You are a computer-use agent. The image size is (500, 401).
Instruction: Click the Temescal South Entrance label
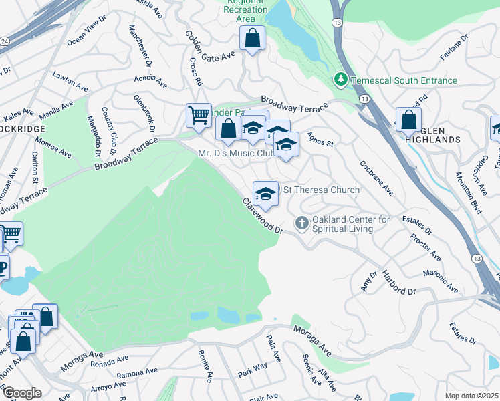[x=405, y=81]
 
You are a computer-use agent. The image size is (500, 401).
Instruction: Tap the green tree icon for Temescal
[x=341, y=80]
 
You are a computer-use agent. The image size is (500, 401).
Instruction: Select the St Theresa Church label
[x=322, y=190]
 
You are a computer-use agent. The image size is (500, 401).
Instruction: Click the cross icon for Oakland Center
[x=302, y=223]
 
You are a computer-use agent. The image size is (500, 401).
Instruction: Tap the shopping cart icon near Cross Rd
[x=199, y=116]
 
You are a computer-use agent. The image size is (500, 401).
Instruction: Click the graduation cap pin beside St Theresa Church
[x=265, y=194]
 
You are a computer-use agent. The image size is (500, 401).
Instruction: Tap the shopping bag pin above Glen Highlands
[x=408, y=120]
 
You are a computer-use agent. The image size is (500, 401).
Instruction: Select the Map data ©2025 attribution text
[x=471, y=396]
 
